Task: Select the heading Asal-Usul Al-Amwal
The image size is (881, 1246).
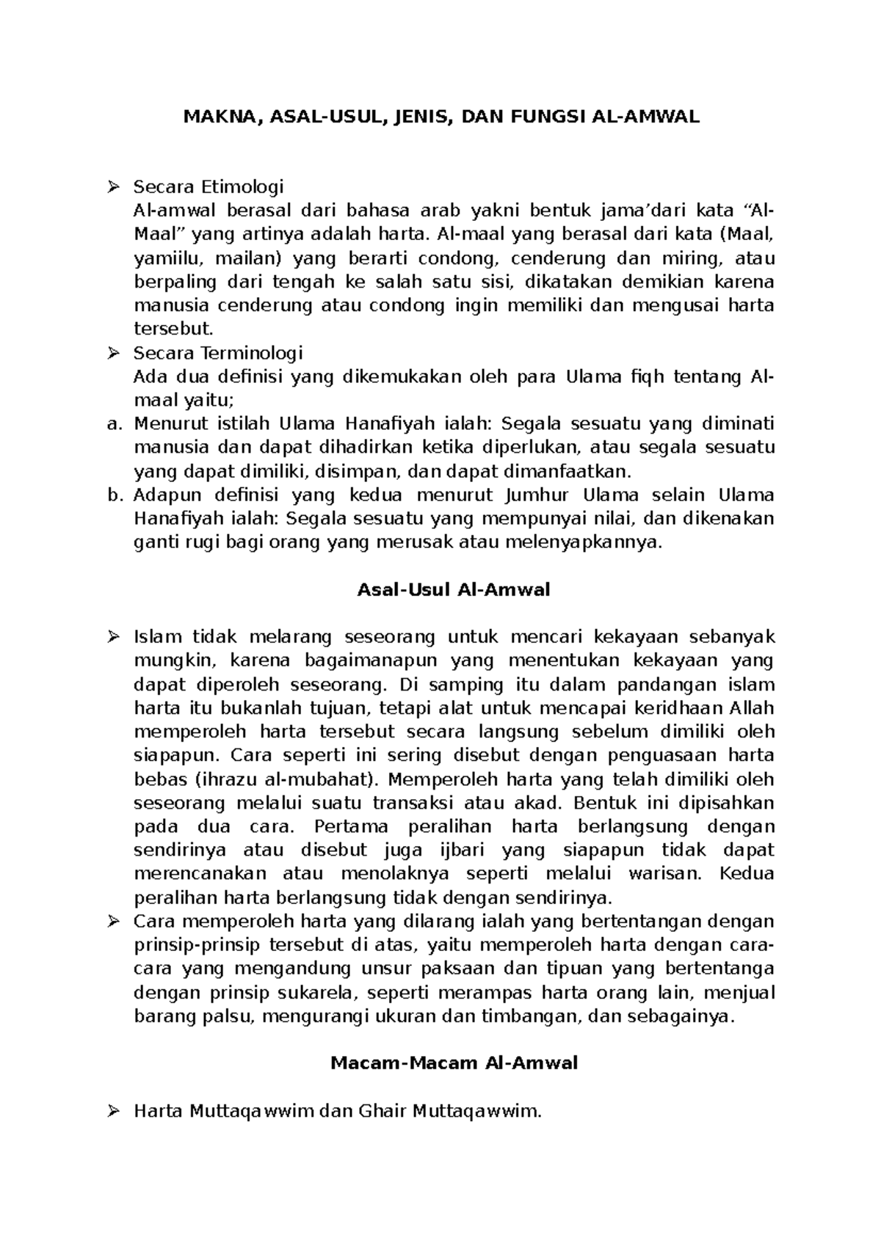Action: click(x=453, y=590)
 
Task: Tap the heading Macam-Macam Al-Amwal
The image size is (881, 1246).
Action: click(x=454, y=1063)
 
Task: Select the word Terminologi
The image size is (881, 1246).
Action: click(x=252, y=354)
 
